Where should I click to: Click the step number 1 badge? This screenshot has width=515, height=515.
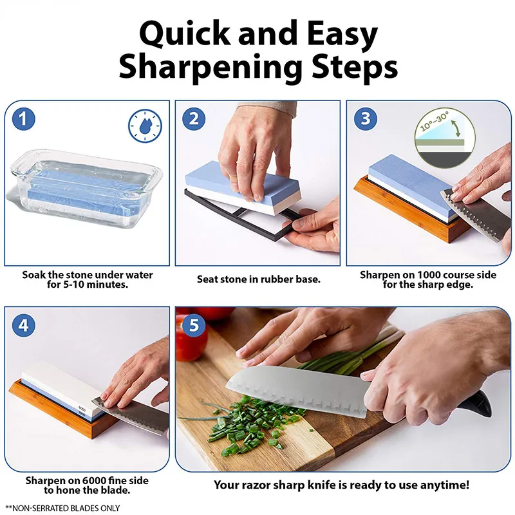pyautogui.click(x=24, y=119)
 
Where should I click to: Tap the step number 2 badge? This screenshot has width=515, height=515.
pyautogui.click(x=193, y=119)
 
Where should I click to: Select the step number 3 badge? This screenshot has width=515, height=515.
pyautogui.click(x=366, y=119)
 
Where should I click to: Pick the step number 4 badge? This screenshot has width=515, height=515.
pyautogui.click(x=24, y=326)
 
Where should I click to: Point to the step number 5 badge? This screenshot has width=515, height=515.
pyautogui.click(x=193, y=326)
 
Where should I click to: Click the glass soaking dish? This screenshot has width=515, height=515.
pyautogui.click(x=87, y=190)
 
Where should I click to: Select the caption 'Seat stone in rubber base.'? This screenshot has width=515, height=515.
pyautogui.click(x=258, y=279)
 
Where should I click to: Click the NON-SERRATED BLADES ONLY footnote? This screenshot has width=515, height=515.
pyautogui.click(x=62, y=508)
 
